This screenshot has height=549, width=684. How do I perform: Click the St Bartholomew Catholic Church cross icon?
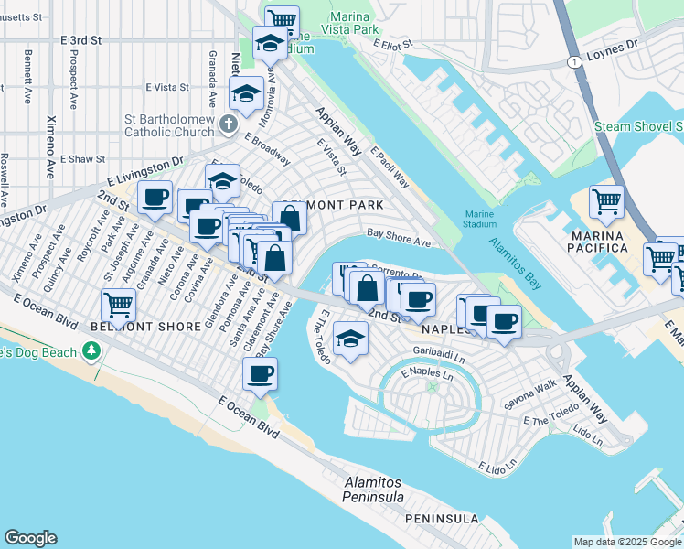(228, 123)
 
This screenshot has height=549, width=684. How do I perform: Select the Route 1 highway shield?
(573, 61)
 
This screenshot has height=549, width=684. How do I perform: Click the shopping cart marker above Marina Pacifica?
(606, 202)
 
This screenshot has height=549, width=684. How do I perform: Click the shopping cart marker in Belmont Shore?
(118, 304)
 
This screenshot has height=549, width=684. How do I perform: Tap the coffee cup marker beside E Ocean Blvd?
(261, 373)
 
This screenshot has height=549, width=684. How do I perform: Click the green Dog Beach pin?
(91, 350)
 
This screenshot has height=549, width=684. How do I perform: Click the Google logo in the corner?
(30, 538)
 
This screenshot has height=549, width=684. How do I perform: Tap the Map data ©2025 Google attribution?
(626, 542)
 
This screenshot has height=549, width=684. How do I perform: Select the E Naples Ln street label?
(428, 374)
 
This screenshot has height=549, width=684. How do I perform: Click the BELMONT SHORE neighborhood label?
(146, 327)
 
